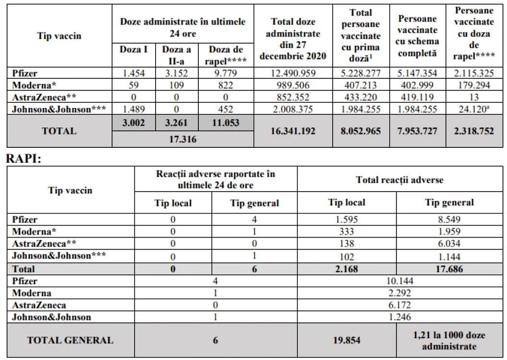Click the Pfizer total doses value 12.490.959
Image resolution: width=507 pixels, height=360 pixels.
tap(293, 73)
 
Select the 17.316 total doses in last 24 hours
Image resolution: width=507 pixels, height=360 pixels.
tap(183, 139)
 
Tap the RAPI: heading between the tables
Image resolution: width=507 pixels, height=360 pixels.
tap(24, 159)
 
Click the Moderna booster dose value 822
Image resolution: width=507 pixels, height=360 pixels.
tap(225, 85)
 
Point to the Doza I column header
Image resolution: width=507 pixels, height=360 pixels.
tap(133, 49)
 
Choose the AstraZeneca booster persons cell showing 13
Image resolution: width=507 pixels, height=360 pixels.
tap(474, 97)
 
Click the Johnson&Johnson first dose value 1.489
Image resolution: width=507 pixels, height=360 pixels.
tap(133, 109)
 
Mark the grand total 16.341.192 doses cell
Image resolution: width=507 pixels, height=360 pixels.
tap(293, 131)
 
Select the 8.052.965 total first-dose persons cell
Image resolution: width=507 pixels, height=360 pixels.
tap(361, 131)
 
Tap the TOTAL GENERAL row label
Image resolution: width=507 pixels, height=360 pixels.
tap(70, 340)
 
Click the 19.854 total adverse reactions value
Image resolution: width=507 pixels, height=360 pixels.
tap(347, 340)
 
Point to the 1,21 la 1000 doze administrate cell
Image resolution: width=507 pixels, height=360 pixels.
tap(449, 341)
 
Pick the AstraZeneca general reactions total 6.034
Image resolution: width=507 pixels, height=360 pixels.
tap(449, 243)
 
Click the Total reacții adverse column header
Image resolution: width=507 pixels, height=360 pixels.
tap(399, 180)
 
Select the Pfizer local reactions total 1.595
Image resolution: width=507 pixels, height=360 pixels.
tap(347, 219)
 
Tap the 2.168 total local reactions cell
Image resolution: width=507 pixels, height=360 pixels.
tap(347, 269)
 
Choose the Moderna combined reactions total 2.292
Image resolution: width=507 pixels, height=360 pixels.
tap(399, 293)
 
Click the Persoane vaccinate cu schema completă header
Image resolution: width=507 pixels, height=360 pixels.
tap(417, 36)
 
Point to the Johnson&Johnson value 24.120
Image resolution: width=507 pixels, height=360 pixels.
tap(474, 109)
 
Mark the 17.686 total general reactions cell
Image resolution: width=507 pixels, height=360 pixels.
tap(449, 269)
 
